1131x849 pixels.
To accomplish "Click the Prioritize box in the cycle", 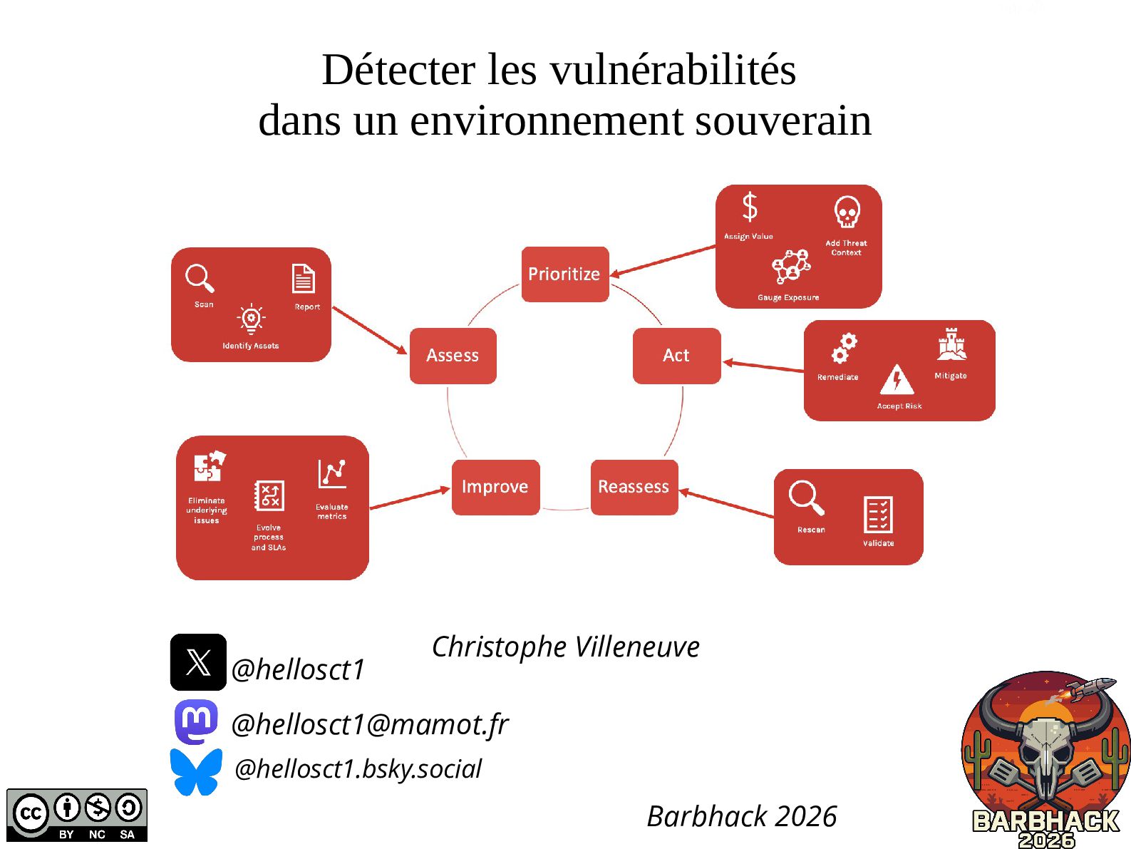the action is click(x=565, y=274).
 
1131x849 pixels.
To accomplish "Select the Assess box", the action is click(x=453, y=356).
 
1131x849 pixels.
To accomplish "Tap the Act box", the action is click(x=676, y=356).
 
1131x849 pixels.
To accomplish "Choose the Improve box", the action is click(x=496, y=487).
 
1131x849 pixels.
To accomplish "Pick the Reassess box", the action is click(x=634, y=487).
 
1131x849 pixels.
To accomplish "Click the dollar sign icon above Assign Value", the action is click(x=750, y=207).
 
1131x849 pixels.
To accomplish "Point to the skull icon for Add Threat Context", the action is click(x=847, y=212).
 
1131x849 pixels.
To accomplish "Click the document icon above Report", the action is click(x=304, y=278).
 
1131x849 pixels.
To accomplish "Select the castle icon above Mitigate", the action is click(x=951, y=344).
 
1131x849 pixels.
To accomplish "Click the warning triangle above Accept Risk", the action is click(x=897, y=380).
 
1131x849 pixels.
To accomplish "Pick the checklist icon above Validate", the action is click(x=878, y=515).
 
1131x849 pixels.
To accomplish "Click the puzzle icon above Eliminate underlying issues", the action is click(x=210, y=465).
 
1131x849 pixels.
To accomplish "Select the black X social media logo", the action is click(x=198, y=662).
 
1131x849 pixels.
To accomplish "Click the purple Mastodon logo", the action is click(x=196, y=721).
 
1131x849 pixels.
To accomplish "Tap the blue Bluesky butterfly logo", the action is click(x=196, y=772).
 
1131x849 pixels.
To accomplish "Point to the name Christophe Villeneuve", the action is click(x=566, y=647).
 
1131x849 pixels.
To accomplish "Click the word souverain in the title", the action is click(x=783, y=120).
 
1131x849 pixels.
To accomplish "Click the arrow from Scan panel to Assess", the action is click(x=369, y=330).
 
